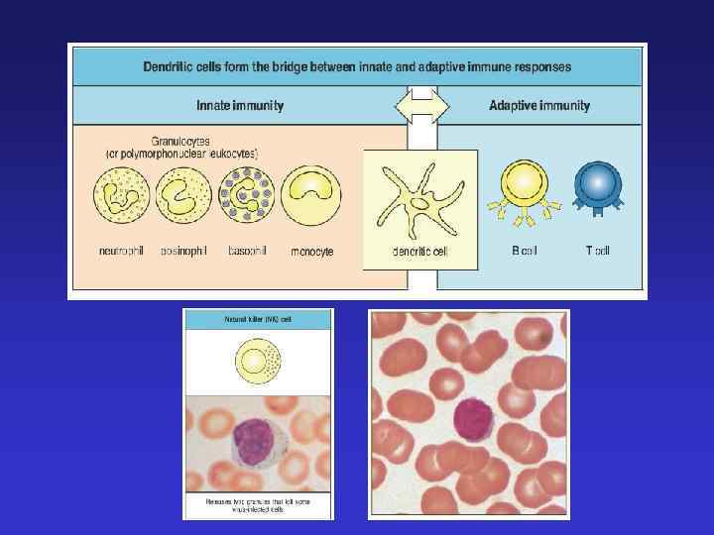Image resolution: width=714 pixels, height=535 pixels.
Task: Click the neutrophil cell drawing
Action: (121, 194)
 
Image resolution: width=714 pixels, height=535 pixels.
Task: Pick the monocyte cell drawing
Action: (311, 194)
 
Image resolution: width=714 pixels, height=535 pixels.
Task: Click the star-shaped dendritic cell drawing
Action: (420, 198)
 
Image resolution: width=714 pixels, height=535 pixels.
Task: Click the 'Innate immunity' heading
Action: (241, 105)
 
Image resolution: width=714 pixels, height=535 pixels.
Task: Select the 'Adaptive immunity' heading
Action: (539, 105)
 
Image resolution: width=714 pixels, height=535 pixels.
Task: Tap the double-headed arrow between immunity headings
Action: (422, 105)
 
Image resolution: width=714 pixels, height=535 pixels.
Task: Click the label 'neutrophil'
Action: (121, 251)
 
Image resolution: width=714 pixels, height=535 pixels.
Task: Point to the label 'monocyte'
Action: (311, 252)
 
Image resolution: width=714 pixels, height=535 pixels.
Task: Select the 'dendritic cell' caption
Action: (420, 252)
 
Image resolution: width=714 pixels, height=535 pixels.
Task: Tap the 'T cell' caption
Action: (597, 251)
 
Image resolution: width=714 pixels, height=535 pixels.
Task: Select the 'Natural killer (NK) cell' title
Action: (258, 320)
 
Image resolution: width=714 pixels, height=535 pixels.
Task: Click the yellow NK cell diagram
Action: (258, 361)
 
